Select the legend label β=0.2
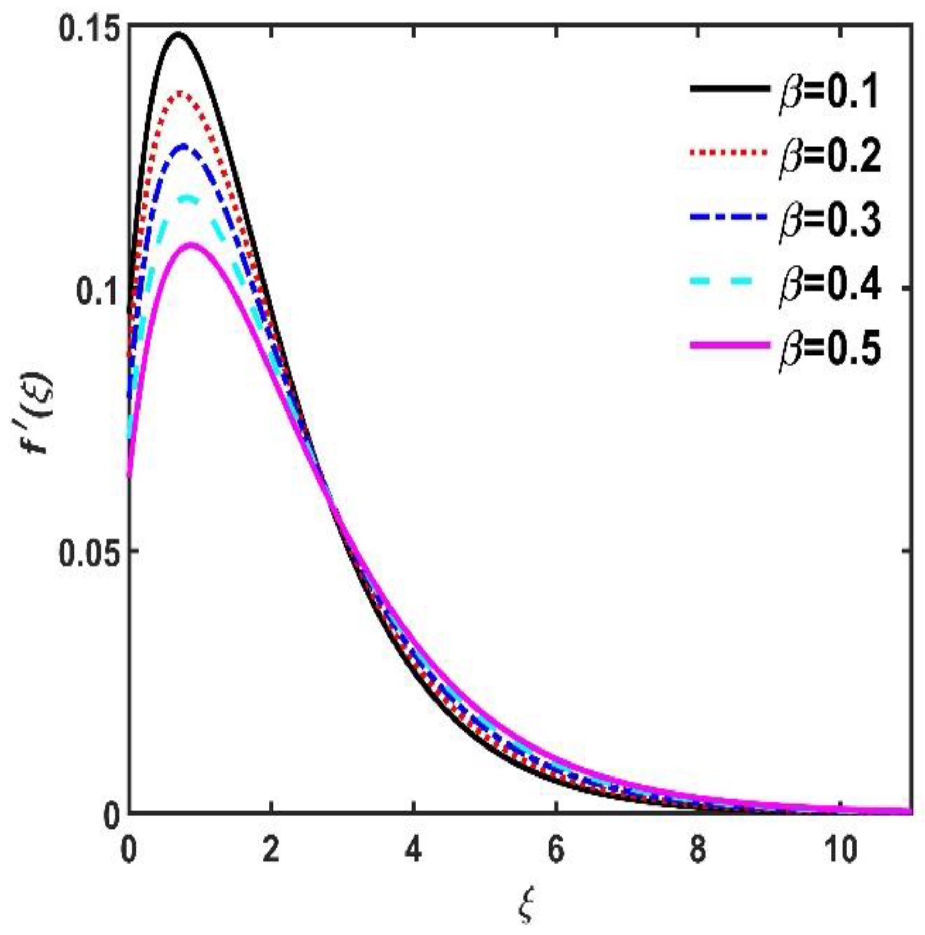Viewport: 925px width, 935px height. (830, 156)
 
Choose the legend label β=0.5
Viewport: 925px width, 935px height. (830, 348)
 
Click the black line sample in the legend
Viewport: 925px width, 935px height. (729, 89)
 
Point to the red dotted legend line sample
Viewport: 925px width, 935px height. (729, 153)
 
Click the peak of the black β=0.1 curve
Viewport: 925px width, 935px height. (179, 34)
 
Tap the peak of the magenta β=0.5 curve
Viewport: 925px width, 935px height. (192, 244)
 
